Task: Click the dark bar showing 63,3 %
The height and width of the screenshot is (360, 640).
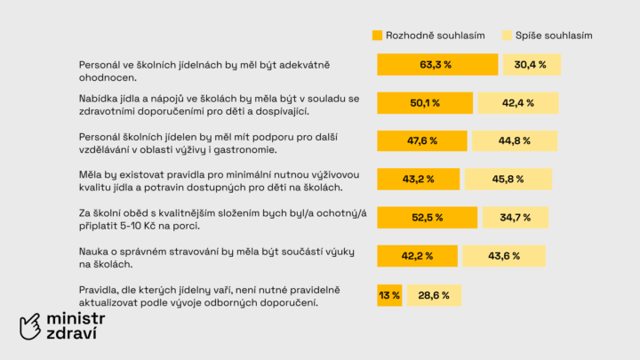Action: [x=436, y=65]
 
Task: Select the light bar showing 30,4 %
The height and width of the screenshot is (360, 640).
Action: [x=532, y=65]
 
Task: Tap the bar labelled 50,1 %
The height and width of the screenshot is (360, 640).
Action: [x=425, y=103]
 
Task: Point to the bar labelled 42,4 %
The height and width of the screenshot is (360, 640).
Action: [x=517, y=103]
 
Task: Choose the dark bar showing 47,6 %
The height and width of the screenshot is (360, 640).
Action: [x=422, y=141]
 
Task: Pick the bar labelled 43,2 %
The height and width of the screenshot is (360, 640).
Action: [x=418, y=180]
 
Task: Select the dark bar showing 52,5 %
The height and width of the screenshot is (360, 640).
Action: [x=428, y=218]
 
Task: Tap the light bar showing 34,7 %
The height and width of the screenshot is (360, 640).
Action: [x=515, y=218]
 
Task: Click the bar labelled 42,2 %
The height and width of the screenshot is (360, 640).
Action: [x=417, y=256]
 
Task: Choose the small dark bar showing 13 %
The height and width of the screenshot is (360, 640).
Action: [x=389, y=295]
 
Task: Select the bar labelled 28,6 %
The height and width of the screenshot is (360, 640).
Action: [x=434, y=295]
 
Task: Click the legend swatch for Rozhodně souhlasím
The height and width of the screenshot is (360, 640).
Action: [x=378, y=36]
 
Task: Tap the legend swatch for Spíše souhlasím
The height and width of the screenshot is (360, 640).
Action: [x=508, y=36]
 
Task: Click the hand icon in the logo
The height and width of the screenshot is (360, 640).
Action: [x=32, y=325]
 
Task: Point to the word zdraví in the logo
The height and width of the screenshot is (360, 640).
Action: [x=72, y=334]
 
